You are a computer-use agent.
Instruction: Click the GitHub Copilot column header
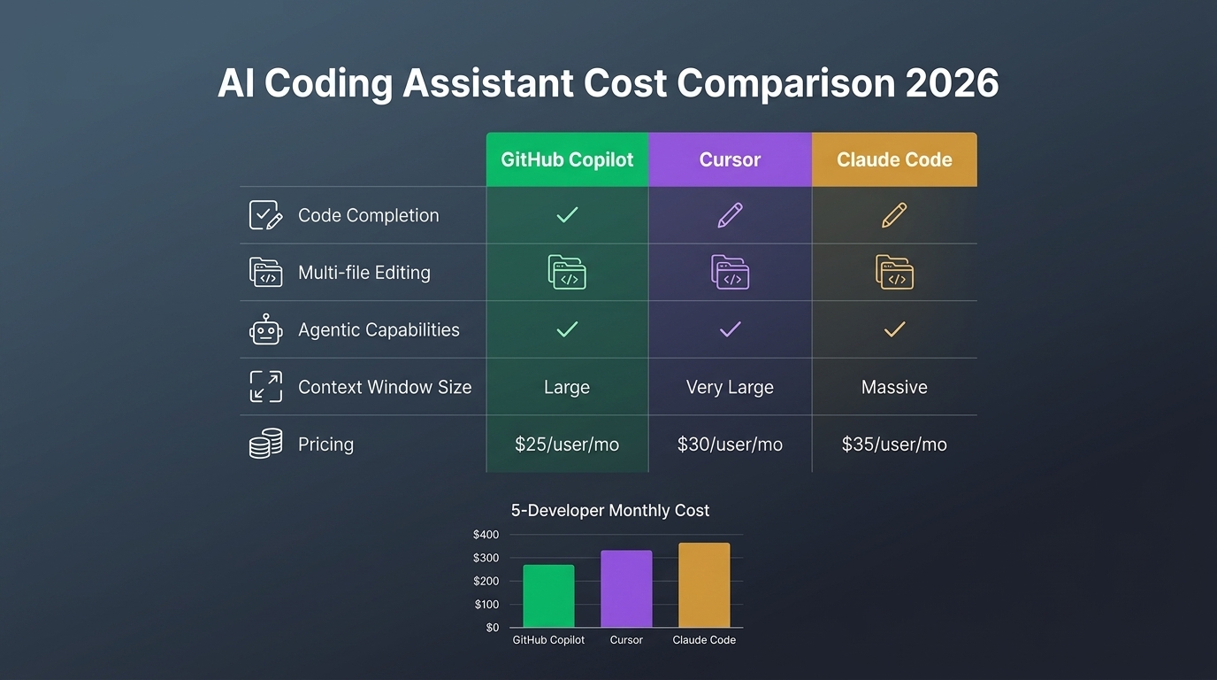[567, 160]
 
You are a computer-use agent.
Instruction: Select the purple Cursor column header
[730, 160]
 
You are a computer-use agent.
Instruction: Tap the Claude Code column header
[894, 160]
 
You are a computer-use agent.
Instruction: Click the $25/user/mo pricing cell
[567, 444]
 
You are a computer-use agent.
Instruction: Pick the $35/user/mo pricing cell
[894, 444]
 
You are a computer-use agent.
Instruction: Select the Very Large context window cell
[730, 387]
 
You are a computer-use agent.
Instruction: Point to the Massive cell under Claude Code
[894, 387]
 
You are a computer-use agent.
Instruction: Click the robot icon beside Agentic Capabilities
[265, 330]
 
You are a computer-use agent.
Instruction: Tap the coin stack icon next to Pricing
[265, 444]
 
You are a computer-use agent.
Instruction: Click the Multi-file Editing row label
[364, 273]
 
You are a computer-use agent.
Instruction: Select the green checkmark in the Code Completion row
[567, 215]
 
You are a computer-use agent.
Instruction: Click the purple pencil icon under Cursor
[730, 215]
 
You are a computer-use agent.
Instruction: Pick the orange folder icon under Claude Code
[894, 272]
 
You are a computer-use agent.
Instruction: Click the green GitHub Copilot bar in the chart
[548, 596]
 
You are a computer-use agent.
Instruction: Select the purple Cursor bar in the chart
[626, 589]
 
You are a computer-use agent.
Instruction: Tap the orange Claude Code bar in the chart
[704, 585]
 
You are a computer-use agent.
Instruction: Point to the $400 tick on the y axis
[486, 535]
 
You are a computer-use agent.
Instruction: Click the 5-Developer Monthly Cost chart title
[610, 511]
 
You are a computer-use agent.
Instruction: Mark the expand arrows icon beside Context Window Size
[265, 387]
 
